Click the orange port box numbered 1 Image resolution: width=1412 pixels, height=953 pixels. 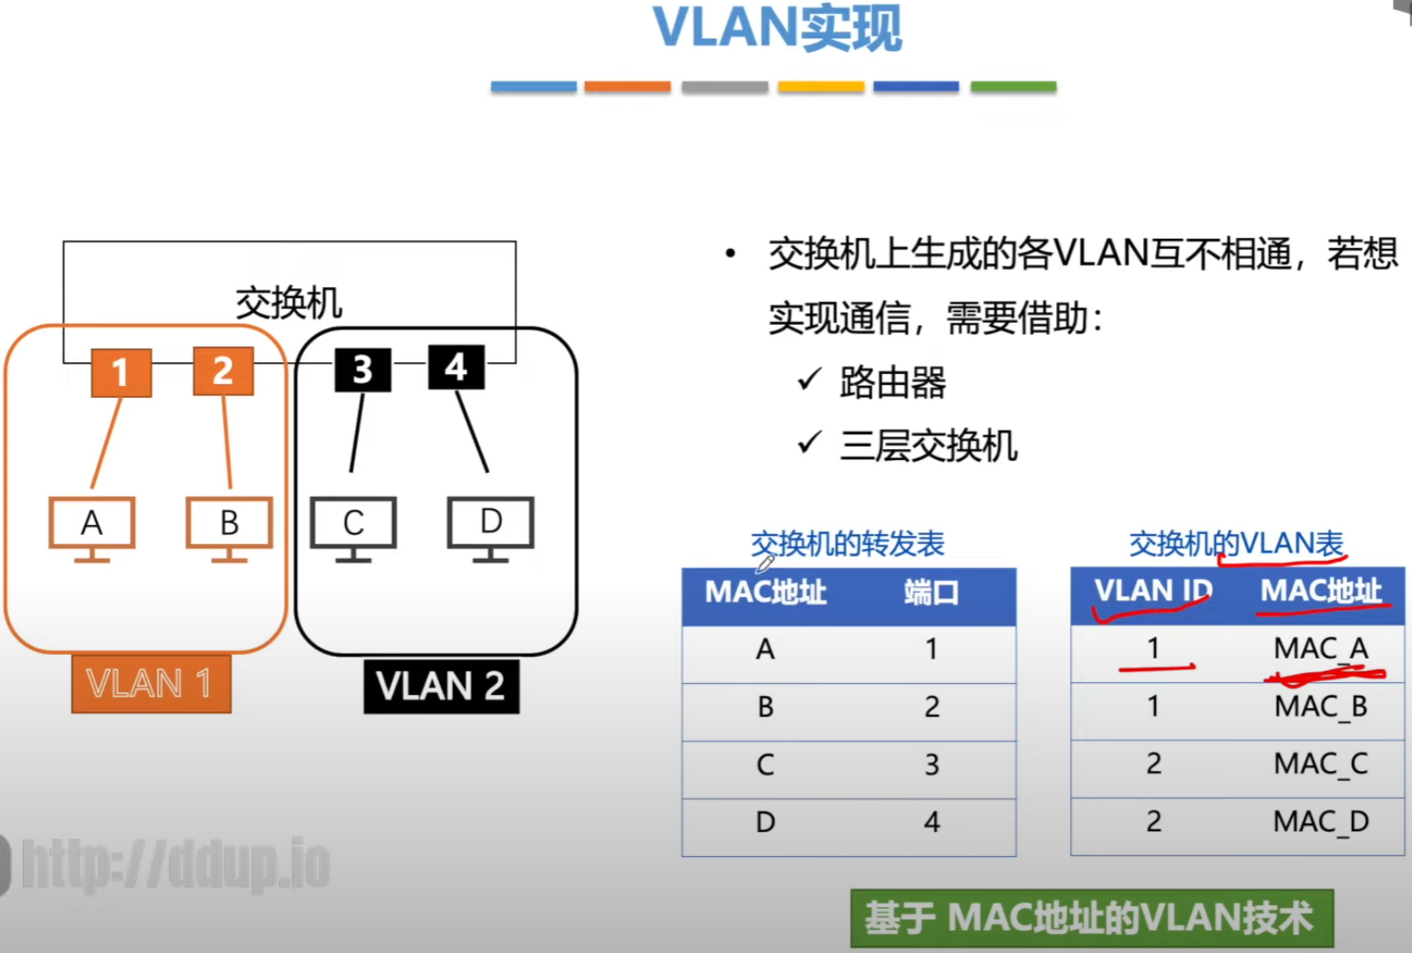coord(121,372)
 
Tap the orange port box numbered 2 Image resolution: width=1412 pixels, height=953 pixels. coord(223,370)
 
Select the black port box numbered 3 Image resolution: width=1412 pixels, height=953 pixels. coord(362,369)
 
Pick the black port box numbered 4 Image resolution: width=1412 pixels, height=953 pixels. coord(455,367)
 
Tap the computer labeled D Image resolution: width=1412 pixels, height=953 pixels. coord(490,523)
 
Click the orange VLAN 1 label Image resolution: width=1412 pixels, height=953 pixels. coord(151,684)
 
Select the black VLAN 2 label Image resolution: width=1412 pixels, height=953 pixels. coord(441,686)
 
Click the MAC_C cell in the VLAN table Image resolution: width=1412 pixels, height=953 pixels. coord(1321,764)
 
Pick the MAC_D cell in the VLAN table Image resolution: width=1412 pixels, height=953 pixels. coord(1321,821)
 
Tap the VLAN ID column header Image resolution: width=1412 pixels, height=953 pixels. coord(1152,591)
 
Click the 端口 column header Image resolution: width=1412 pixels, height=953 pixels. coord(931,593)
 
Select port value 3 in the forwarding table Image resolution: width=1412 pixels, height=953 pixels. coord(931,765)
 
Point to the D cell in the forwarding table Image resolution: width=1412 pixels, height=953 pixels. coord(765,822)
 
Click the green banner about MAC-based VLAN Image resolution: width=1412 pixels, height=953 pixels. coord(1091,917)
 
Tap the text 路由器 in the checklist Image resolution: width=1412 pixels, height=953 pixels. coord(893,382)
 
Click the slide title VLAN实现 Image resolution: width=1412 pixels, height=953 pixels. coord(777,28)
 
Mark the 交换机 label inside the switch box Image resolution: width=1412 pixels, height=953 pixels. coord(289,303)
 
